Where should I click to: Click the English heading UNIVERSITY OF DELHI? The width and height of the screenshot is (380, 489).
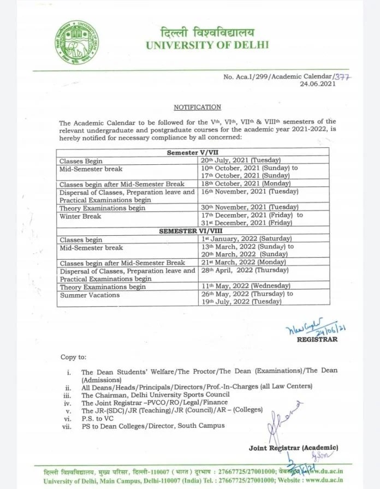207,45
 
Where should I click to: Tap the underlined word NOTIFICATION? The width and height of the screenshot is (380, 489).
197,107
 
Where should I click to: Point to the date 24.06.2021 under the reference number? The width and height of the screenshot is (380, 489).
317,84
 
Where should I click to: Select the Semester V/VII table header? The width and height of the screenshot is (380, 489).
193,153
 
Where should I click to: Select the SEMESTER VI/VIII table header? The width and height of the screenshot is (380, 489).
192,231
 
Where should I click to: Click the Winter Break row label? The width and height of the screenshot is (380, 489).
80,216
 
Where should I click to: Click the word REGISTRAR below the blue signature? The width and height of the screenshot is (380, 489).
317,339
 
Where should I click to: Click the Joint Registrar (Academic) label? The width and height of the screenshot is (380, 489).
293,448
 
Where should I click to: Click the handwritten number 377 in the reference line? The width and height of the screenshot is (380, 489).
342,76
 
